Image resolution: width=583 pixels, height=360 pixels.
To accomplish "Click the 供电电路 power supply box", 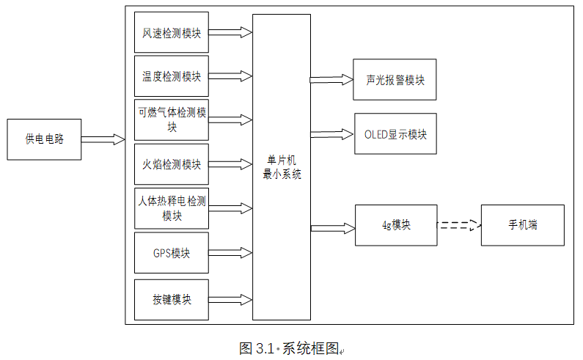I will tap(44, 139).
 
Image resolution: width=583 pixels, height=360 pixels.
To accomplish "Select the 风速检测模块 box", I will tap(172, 32).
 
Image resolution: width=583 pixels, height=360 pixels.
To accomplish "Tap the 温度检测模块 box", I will tap(172, 76).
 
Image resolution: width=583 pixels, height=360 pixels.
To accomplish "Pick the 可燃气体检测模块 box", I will tap(172, 120).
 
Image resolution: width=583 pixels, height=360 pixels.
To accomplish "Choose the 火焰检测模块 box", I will tap(172, 164).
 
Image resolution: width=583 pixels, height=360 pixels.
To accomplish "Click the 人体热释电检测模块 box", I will tap(172, 208).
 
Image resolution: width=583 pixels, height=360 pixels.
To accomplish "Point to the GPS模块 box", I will tap(172, 253).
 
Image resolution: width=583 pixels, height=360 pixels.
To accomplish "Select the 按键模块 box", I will tap(172, 299).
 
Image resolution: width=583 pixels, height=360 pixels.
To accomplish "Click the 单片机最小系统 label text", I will tap(281, 167).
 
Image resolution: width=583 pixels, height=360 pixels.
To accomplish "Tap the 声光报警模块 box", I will tap(395, 80).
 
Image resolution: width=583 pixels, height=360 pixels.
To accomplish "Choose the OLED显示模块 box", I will tap(395, 134).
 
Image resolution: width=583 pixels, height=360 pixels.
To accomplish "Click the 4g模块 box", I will tap(395, 225).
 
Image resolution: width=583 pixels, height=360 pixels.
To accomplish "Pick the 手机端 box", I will tap(522, 225).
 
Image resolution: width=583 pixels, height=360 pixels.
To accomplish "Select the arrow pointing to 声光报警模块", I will tap(331, 79).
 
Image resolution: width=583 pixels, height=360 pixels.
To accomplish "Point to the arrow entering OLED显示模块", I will tap(331, 134).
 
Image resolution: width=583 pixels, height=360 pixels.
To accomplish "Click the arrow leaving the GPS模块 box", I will tap(230, 253).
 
